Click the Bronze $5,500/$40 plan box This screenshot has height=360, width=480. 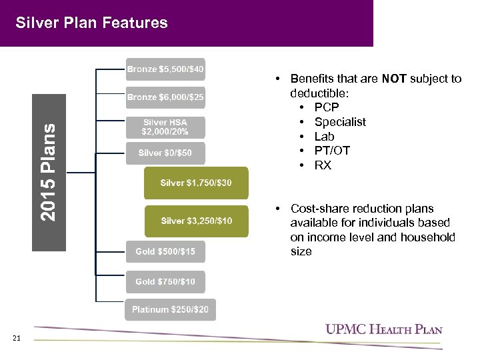(x=165, y=69)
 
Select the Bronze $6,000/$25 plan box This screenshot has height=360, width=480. (x=165, y=98)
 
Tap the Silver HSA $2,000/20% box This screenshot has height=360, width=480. (x=165, y=127)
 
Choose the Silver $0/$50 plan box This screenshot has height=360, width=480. (x=165, y=153)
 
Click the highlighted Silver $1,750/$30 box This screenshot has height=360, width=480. (x=196, y=183)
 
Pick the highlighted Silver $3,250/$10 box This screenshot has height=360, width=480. (x=196, y=221)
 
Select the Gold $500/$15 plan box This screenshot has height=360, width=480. (x=165, y=251)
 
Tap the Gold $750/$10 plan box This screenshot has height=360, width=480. (x=165, y=281)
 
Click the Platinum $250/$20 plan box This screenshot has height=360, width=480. (x=170, y=309)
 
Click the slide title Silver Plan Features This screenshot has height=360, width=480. (x=91, y=23)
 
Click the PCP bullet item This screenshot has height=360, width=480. (x=327, y=107)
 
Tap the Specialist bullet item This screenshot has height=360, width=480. (x=340, y=122)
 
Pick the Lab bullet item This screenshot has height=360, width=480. (x=324, y=137)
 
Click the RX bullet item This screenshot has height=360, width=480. (x=323, y=165)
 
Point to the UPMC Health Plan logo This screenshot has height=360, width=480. (x=383, y=329)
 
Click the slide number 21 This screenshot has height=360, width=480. (x=17, y=339)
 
